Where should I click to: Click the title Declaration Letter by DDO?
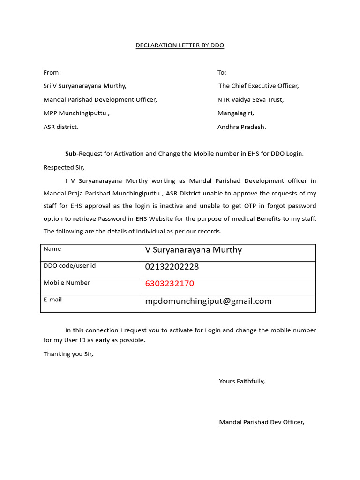[x=180, y=45]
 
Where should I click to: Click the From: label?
[x=52, y=72]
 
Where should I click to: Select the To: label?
[x=222, y=72]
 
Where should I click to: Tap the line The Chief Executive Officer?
[x=259, y=86]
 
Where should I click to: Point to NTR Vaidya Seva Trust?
[x=250, y=99]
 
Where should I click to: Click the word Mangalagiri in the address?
[x=235, y=113]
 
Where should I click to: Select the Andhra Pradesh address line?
[x=241, y=127]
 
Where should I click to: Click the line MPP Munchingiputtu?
[x=76, y=113]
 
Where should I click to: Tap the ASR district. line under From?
[x=61, y=127]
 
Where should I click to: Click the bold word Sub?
[x=70, y=154]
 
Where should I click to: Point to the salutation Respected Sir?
[x=64, y=167]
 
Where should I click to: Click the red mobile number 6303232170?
[x=170, y=284]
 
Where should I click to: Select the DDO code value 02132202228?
[x=172, y=267]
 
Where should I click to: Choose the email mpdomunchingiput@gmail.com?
[x=208, y=301]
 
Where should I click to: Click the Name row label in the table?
[x=52, y=249]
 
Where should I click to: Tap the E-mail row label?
[x=52, y=300]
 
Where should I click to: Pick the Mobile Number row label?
[x=67, y=283]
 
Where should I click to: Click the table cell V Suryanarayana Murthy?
[x=194, y=250]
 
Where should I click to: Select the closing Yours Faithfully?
[x=242, y=381]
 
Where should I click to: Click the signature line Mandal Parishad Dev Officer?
[x=262, y=422]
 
